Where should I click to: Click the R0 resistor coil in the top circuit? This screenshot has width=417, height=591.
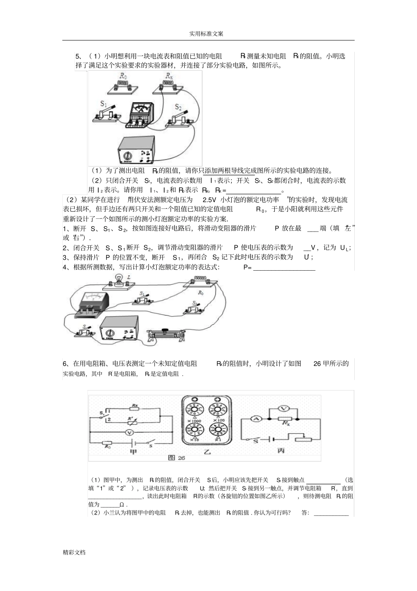pyautogui.click(x=122, y=87)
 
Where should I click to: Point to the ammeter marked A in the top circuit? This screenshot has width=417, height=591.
pyautogui.click(x=140, y=113)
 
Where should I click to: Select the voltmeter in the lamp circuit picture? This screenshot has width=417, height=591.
pyautogui.click(x=92, y=304)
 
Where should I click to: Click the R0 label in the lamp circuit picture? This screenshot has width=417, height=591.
pyautogui.click(x=201, y=293)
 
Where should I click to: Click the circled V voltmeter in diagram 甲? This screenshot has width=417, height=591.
pyautogui.click(x=129, y=432)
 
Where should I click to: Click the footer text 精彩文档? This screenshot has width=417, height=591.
pyautogui.click(x=74, y=552)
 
